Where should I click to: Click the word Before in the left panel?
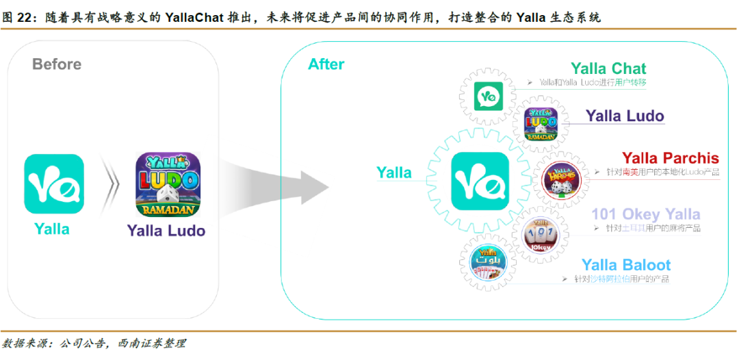coord(57,64)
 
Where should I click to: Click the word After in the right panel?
coord(326,64)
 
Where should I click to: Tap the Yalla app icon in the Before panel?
coord(54,183)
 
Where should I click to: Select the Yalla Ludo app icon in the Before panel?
coord(168,184)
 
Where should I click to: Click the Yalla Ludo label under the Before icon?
coord(166,231)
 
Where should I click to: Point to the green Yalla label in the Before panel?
coord(52,229)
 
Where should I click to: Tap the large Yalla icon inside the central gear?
coord(480,181)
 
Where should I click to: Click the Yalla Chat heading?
coord(608,68)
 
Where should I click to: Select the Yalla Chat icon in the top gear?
coord(487,96)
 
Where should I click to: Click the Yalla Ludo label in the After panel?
coord(625,116)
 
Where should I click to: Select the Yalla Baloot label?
coord(625,265)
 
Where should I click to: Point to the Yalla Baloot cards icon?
coord(489,265)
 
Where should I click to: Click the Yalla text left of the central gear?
coord(394,173)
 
